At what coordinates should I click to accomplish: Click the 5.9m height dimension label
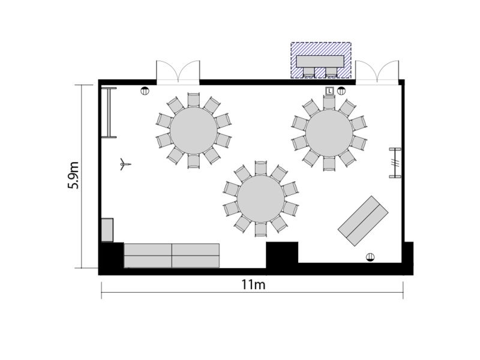pos(73,175)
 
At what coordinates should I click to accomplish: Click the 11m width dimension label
pos(253,284)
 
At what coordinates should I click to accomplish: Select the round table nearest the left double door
pos(193,130)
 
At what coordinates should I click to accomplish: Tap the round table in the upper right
pos(329,133)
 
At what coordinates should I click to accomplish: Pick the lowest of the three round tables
pos(261,199)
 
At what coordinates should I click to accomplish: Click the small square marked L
pos(329,91)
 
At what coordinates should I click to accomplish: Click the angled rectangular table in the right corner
pos(363,221)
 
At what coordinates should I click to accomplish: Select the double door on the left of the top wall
pos(178,73)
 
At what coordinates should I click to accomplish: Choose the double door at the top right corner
pos(377,73)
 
